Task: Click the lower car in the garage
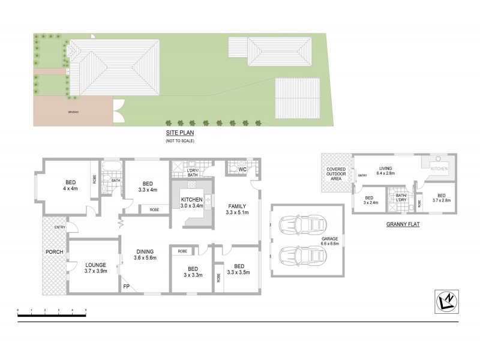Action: click(304, 256)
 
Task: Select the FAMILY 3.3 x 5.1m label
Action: click(236, 208)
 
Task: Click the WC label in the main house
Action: click(242, 170)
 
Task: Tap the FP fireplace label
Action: click(127, 287)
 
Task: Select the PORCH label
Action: click(55, 251)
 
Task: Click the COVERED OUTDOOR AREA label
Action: click(336, 174)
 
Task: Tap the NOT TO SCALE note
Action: click(179, 140)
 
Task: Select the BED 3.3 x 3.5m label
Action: click(239, 269)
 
